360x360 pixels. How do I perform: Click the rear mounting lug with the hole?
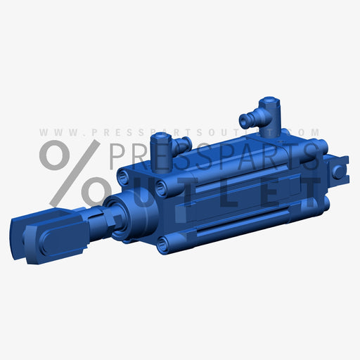(x=340, y=170)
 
